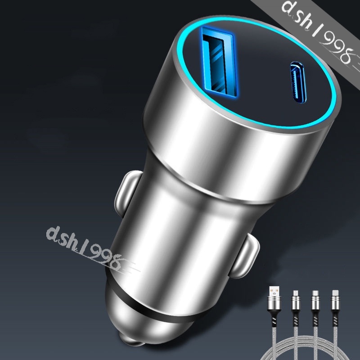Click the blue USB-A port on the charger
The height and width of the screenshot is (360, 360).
pyautogui.click(x=219, y=62)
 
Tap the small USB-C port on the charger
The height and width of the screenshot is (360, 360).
pyautogui.click(x=298, y=82)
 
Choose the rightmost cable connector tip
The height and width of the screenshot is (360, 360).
pyautogui.click(x=335, y=293)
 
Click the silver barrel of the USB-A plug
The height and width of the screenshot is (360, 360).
pyautogui.click(x=274, y=303)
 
